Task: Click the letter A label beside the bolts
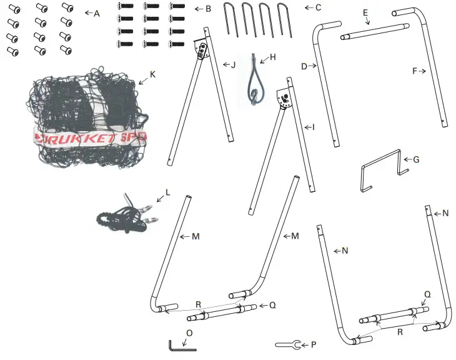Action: [x=97, y=13]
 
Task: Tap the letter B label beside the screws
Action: [x=208, y=9]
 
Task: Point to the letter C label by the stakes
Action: [x=318, y=8]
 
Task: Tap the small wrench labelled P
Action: [x=288, y=344]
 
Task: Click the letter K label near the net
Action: [x=153, y=74]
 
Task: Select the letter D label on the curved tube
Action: [x=304, y=66]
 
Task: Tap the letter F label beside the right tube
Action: [x=414, y=71]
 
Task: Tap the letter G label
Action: [x=416, y=159]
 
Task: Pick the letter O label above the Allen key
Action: [x=189, y=333]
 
